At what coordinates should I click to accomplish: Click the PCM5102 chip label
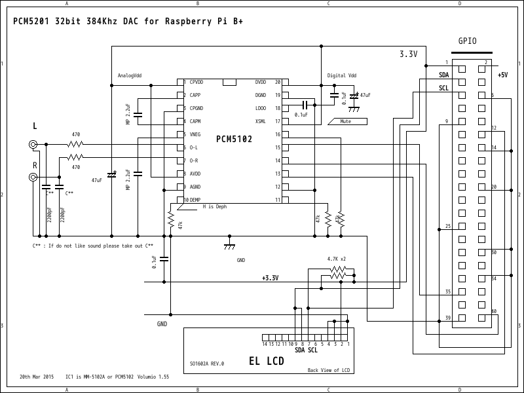coord(234,139)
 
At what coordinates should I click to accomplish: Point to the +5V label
coord(502,75)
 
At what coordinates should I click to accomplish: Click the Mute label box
coord(346,121)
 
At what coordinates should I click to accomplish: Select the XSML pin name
coord(260,121)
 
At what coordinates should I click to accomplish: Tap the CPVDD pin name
coord(196,82)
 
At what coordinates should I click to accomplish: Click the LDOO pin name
coord(260,108)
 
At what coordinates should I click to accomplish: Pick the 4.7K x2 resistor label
coord(336,259)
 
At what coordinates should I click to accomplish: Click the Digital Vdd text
coord(342,75)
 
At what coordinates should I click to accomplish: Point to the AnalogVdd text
coord(129,75)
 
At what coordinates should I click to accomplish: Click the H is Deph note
coord(214,206)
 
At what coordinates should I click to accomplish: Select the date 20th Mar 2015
coord(37,377)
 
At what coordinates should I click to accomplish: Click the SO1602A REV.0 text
coord(207,364)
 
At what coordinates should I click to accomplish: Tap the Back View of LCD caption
coord(329,370)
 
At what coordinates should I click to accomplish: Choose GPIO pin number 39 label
coord(448,318)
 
